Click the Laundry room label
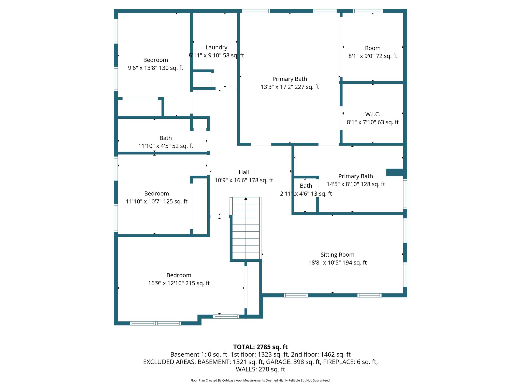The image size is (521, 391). (216, 48)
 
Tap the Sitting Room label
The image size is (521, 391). (337, 255)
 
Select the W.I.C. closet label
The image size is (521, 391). (372, 114)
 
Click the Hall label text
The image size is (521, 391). (244, 172)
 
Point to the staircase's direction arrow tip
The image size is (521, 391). (246, 198)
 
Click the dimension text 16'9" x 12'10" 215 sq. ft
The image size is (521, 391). (179, 283)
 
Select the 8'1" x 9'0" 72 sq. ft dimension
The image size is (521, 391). (372, 56)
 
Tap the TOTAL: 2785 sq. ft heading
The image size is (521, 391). (260, 347)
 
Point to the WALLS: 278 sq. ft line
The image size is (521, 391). (260, 369)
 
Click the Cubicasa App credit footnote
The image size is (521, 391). (260, 380)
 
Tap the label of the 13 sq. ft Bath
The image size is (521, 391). (306, 186)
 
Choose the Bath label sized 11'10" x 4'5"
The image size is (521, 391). (166, 138)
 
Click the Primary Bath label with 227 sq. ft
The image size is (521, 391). (290, 79)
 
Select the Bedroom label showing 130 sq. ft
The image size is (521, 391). (155, 60)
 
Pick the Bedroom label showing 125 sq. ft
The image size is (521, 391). (156, 193)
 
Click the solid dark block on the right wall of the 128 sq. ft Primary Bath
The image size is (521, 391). (395, 172)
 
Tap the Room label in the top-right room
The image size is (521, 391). (372, 48)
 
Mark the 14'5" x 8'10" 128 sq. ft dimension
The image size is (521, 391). (355, 184)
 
